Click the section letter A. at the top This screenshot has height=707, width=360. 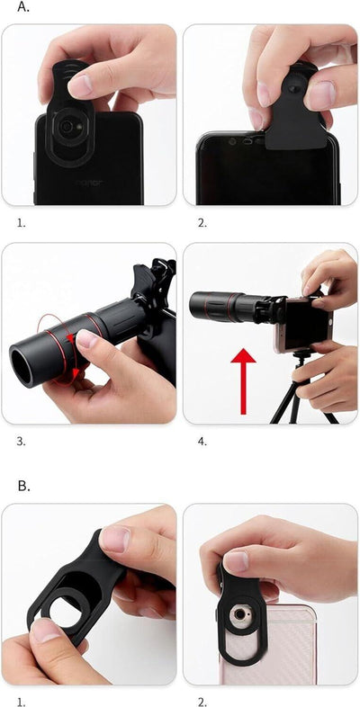click(23, 7)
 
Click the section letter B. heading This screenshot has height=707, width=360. click(24, 486)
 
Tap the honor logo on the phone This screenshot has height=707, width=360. click(89, 183)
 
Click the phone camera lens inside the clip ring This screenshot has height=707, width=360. click(67, 127)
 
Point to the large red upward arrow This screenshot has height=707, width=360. click(243, 381)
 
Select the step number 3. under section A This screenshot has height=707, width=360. click(21, 442)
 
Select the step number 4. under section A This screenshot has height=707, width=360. click(202, 442)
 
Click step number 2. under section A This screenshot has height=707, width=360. click(202, 223)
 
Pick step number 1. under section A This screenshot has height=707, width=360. click(21, 223)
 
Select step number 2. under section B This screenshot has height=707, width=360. click(202, 702)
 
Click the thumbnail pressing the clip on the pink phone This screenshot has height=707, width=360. click(237, 562)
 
